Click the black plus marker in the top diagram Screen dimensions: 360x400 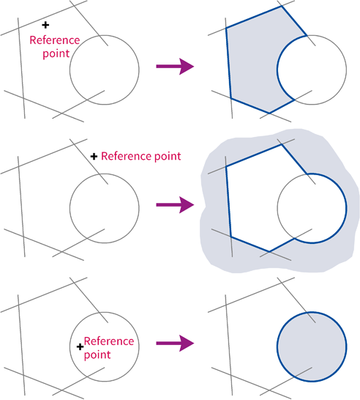coord(45,25)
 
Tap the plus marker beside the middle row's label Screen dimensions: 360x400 coord(94,156)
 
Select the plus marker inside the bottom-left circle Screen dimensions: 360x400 coord(80,347)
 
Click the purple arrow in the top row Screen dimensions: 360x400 coord(175,67)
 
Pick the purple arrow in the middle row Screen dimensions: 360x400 coord(175,205)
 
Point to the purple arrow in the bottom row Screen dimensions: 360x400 coord(175,344)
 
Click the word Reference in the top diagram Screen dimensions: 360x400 coord(55,40)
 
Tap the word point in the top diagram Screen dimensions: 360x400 coord(56,53)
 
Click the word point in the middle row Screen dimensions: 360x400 coord(168,156)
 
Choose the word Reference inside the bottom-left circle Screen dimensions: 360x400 coord(109,341)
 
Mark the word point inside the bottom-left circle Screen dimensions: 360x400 coord(97,355)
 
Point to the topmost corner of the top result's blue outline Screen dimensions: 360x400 coord(281,7)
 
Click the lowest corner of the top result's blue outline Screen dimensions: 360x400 coord(269,113)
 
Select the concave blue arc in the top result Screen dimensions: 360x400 coord(277,70)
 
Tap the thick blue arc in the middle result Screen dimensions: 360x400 coord(346,208)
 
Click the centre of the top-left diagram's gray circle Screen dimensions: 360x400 coord(105,70)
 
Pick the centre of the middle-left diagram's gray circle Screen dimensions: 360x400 coord(105,208)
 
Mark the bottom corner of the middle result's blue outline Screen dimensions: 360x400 coord(269,251)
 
